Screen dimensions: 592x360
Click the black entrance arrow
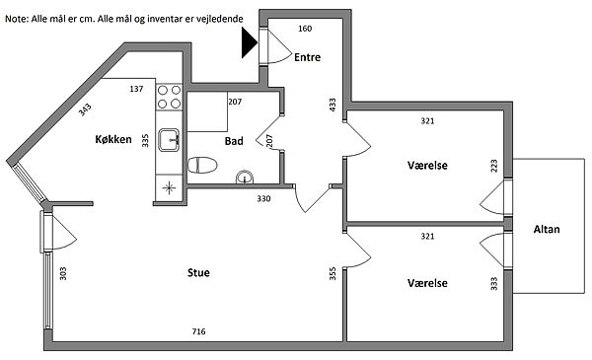pyautogui.click(x=249, y=43)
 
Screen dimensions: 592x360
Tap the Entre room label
pyautogui.click(x=307, y=57)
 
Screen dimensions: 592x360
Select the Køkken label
pyautogui.click(x=113, y=139)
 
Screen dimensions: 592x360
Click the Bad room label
pyautogui.click(x=234, y=141)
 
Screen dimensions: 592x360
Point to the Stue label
pyautogui.click(x=198, y=272)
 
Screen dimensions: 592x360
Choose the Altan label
pyautogui.click(x=547, y=229)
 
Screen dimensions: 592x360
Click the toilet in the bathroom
pyautogui.click(x=202, y=166)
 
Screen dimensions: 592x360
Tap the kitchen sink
pyautogui.click(x=169, y=140)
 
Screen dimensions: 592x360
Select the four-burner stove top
pyautogui.click(x=169, y=97)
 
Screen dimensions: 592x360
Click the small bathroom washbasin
pyautogui.click(x=245, y=178)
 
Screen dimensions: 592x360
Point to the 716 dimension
pyautogui.click(x=199, y=331)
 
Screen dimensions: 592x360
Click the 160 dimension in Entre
pyautogui.click(x=305, y=29)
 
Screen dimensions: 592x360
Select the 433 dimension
pyautogui.click(x=333, y=105)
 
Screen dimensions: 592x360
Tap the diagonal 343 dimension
pyautogui.click(x=85, y=109)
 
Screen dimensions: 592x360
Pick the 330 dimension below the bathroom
pyautogui.click(x=263, y=198)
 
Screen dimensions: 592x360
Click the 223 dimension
pyautogui.click(x=494, y=166)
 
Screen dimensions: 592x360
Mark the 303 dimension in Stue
pyautogui.click(x=63, y=273)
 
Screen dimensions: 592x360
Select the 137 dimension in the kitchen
pyautogui.click(x=136, y=89)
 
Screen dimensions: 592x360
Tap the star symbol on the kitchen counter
pyautogui.click(x=169, y=187)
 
